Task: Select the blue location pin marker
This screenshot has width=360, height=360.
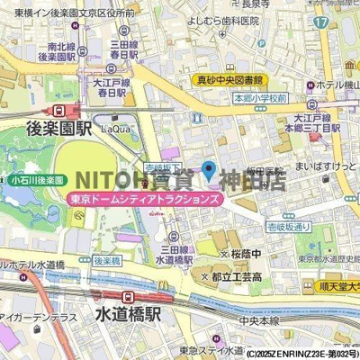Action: click(208, 169)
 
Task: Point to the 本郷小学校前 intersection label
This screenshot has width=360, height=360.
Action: click(260, 97)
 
